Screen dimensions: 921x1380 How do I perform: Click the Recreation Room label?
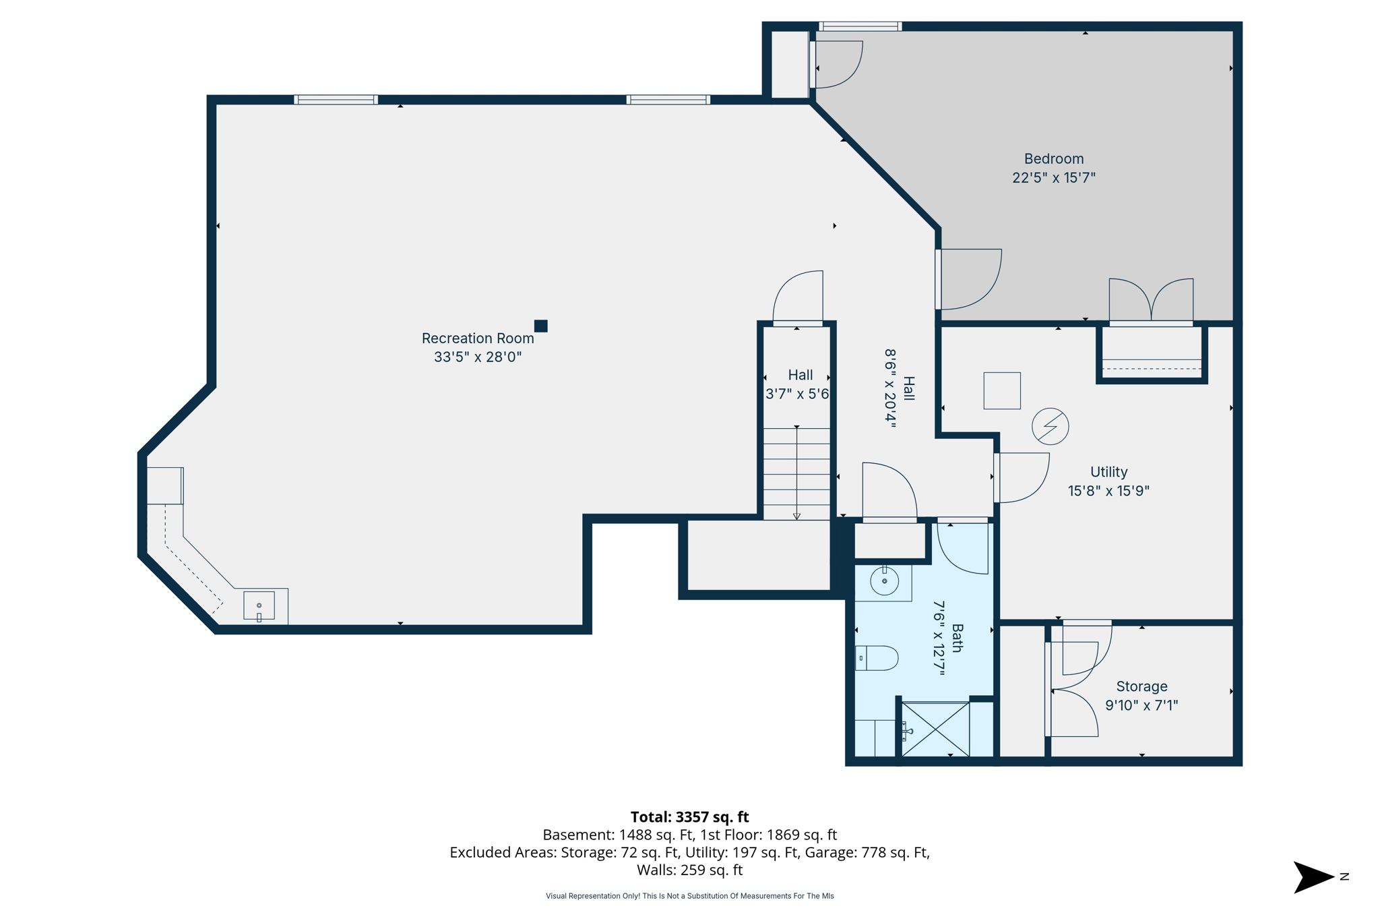(477, 338)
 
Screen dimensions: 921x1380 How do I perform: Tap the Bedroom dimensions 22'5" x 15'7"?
(1053, 178)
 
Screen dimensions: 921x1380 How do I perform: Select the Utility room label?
(1108, 472)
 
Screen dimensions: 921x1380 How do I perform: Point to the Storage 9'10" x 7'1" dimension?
(1141, 705)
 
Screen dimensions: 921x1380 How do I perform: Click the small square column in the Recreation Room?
(540, 326)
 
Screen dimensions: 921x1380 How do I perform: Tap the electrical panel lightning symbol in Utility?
(1050, 426)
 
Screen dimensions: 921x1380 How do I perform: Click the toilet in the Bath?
(877, 658)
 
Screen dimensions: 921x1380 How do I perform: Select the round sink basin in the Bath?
(884, 581)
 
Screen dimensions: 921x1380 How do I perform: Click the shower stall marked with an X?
(935, 730)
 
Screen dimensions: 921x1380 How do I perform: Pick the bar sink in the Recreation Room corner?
(259, 605)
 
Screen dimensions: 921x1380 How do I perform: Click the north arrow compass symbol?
(1313, 877)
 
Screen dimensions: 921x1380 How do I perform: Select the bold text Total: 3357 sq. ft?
(689, 817)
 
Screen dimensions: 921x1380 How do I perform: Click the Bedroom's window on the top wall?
(860, 27)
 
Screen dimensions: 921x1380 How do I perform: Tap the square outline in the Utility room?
(1001, 390)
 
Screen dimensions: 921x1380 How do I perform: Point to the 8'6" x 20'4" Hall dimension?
(891, 388)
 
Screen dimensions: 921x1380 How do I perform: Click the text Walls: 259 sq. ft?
(689, 870)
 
